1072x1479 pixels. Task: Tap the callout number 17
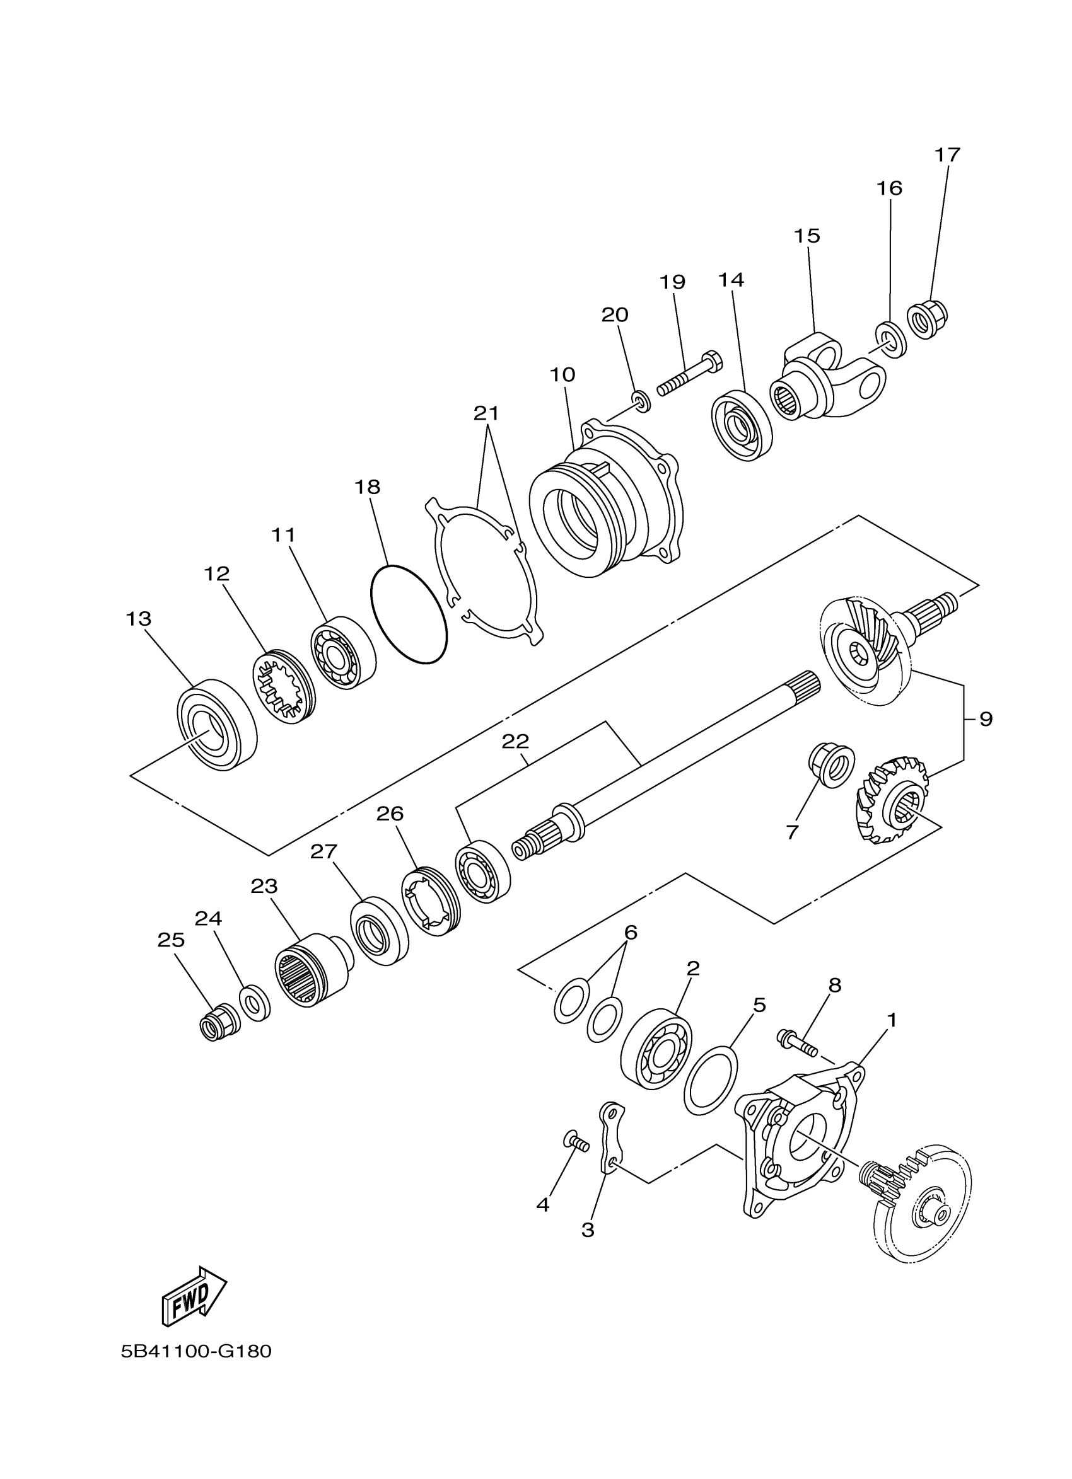[947, 155]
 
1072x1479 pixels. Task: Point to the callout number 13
[138, 618]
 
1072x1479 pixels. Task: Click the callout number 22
[515, 741]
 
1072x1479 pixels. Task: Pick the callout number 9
[985, 719]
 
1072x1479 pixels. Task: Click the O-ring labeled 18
[409, 614]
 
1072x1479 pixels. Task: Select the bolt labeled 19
[689, 376]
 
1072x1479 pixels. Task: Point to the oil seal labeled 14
[741, 426]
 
